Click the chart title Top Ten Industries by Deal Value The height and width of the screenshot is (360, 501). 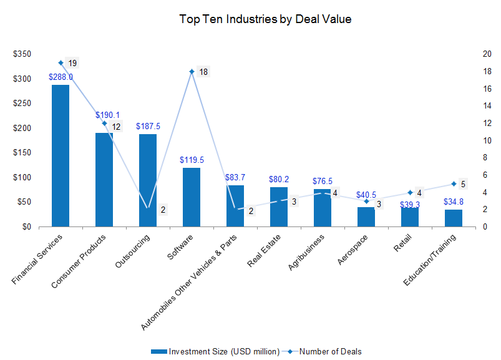(265, 19)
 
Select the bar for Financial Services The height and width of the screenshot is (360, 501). (61, 155)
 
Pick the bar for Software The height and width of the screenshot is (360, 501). (192, 197)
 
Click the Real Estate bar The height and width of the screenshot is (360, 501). (279, 207)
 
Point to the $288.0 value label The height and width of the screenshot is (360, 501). (61, 77)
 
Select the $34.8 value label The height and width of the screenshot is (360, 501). (454, 202)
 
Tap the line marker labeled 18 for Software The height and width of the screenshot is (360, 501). (192, 72)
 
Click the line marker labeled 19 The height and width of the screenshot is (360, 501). (61, 63)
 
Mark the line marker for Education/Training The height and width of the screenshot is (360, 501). (454, 184)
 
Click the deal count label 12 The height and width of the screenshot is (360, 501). (116, 127)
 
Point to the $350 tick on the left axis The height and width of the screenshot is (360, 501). (21, 54)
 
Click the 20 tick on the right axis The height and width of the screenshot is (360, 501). (485, 54)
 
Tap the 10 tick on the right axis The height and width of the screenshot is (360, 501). (485, 140)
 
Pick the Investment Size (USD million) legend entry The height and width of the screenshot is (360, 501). (215, 351)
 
